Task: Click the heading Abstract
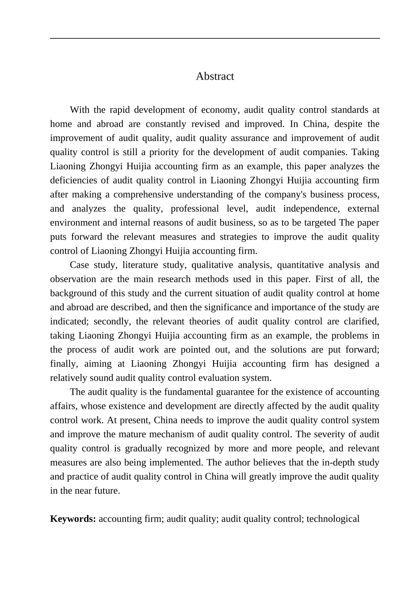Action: [x=215, y=76]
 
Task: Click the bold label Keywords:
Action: [x=73, y=519]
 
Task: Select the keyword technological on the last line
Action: [x=333, y=519]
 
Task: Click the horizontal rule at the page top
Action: [x=215, y=38]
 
